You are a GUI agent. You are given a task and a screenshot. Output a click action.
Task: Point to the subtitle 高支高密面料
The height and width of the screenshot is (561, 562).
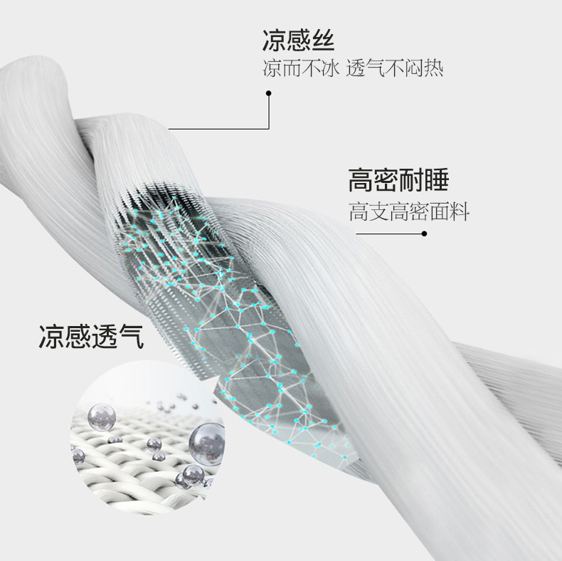coord(409,212)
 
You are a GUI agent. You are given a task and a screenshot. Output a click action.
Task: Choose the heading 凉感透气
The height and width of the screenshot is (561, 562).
coord(90,336)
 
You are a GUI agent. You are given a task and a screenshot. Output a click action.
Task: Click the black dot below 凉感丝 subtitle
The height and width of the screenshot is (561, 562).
coord(268,93)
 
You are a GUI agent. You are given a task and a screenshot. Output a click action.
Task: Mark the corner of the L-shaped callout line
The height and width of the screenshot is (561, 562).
coord(268,129)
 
